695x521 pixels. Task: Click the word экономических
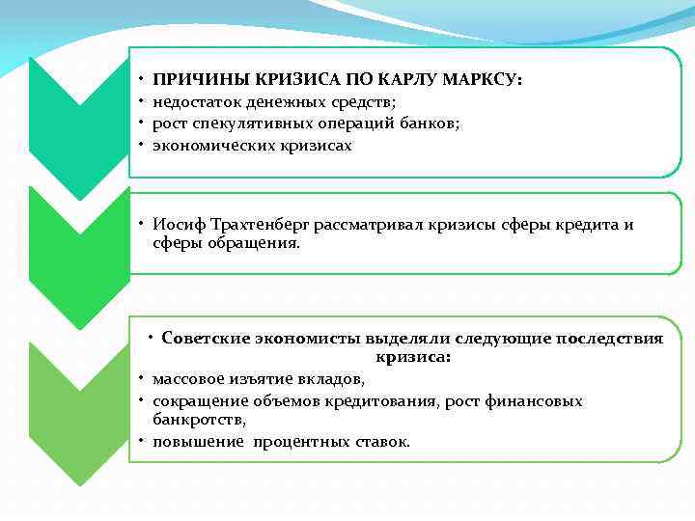tap(208, 146)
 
